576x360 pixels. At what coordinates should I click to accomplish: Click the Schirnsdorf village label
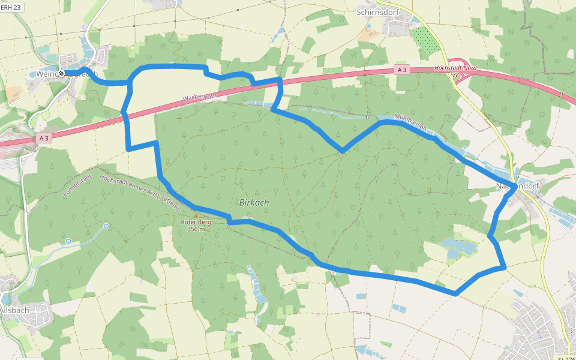click(x=377, y=11)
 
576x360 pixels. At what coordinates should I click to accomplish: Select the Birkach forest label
click(x=254, y=203)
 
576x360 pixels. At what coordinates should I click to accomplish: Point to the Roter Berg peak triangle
click(x=195, y=215)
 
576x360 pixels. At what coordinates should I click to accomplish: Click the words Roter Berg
click(x=196, y=222)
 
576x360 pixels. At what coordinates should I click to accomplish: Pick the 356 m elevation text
click(x=196, y=229)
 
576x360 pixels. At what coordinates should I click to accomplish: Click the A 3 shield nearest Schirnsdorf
click(x=402, y=70)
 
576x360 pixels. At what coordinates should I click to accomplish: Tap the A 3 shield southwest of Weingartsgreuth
click(x=43, y=139)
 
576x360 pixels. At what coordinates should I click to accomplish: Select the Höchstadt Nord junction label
click(x=455, y=68)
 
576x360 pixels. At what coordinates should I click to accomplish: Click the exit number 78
click(x=455, y=76)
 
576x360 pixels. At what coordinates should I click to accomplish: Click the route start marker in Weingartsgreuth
click(x=61, y=73)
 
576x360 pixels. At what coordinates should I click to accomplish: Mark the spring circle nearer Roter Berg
click(x=106, y=226)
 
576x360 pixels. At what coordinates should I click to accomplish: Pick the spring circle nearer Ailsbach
click(x=68, y=241)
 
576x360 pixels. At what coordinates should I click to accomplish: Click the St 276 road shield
click(x=566, y=358)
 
